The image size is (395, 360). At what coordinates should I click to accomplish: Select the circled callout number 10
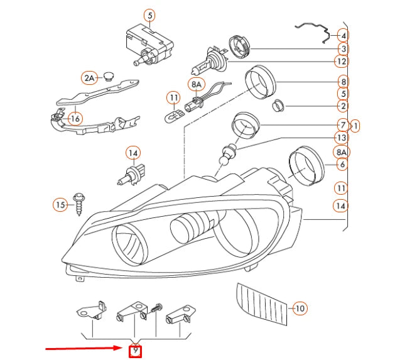300,308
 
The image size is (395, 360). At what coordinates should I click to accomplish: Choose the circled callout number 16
75,118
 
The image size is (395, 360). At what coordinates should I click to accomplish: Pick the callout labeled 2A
89,78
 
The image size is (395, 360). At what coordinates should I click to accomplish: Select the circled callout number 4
343,35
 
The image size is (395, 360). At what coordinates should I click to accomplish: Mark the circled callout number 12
341,62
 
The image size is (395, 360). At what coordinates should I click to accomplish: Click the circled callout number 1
355,126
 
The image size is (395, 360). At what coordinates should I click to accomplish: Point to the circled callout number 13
341,138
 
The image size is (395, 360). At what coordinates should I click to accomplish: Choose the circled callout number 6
342,165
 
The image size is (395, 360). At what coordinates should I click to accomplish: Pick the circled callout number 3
343,48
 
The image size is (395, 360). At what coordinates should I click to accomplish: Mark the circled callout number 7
342,124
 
